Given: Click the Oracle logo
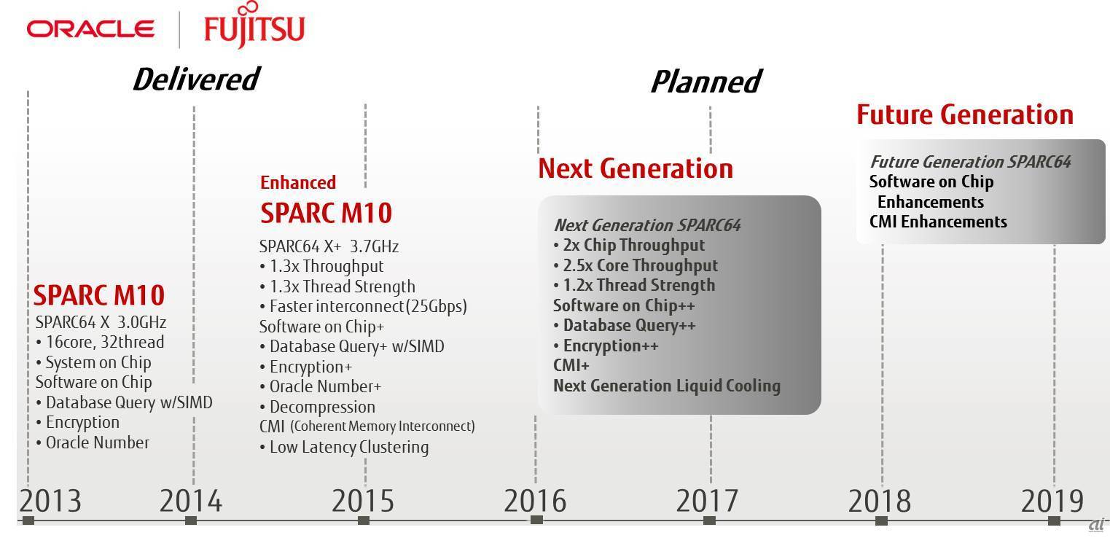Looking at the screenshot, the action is pos(90,29).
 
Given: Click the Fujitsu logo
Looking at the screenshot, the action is pos(254,25).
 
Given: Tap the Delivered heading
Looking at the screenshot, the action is pos(196,79).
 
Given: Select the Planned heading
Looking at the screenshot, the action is pos(706,82).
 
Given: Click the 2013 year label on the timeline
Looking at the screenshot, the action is pos(50,501).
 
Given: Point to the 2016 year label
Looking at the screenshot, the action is pos(535,501).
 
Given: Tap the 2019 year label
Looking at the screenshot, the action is pos(1052,501).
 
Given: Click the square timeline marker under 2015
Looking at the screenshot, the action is pos(363,521).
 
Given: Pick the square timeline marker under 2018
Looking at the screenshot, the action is pos(881,521).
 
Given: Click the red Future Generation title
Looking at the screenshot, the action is pos(965,114).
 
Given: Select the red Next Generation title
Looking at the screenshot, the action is pos(636,168).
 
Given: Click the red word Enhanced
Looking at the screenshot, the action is pos(298,182).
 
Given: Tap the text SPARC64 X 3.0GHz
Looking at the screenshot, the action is pos(101,322).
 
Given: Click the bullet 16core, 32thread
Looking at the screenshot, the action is pos(100,342).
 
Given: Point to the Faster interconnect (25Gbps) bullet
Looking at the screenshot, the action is pos(363,306).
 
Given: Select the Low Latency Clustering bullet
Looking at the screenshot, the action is pos(344,448).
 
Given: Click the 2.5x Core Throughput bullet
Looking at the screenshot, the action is pos(636,265).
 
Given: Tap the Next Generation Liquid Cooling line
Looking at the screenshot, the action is pos(666,386).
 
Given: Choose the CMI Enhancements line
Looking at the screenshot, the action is pos(938,222).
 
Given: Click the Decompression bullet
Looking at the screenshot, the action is pos(317,407).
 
